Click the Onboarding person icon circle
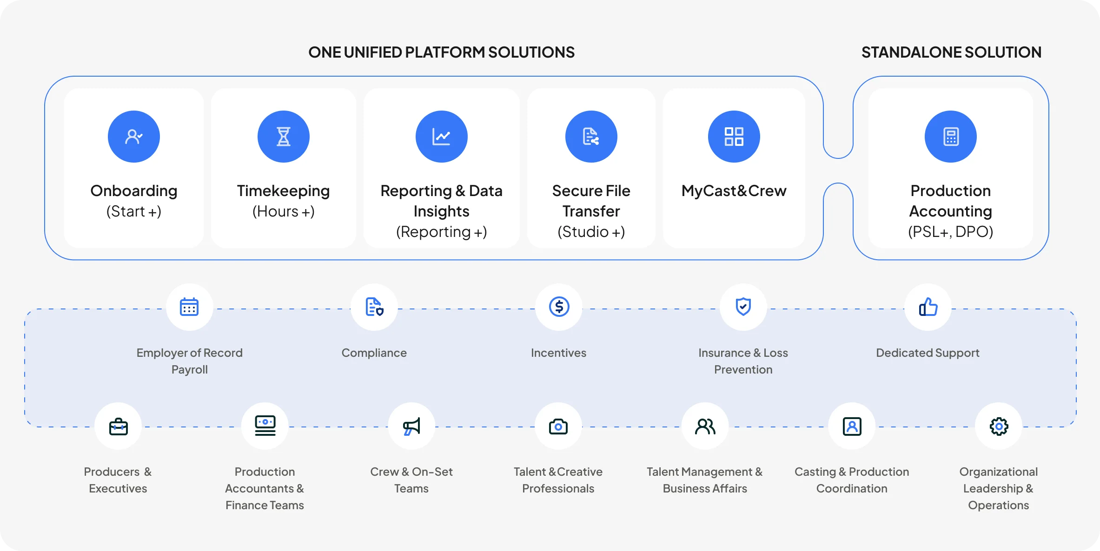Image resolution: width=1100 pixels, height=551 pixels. (x=134, y=137)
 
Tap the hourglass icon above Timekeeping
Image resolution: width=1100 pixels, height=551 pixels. (x=284, y=137)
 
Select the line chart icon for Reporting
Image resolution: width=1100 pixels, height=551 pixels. (x=442, y=137)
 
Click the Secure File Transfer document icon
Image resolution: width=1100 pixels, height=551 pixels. (x=591, y=137)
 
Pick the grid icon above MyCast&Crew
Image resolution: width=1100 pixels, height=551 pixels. (x=734, y=137)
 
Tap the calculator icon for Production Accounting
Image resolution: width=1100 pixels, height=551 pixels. (x=951, y=137)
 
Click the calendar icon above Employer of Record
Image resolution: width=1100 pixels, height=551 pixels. (x=189, y=307)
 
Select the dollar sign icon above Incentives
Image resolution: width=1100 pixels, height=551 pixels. (x=559, y=307)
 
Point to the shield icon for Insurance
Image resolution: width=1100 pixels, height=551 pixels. (x=743, y=307)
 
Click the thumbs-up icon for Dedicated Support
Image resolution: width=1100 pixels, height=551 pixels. (x=928, y=307)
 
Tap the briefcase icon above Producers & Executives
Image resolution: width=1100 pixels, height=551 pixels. (x=118, y=426)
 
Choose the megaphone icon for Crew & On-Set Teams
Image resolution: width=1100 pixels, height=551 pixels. (x=411, y=426)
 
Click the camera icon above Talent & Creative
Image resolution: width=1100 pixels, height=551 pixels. (x=558, y=426)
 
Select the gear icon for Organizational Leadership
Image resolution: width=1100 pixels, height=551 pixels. (x=999, y=426)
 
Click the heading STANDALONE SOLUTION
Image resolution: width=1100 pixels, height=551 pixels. (x=951, y=52)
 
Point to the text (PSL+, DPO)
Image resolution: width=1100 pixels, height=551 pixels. (x=951, y=231)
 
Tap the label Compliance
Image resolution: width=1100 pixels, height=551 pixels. (x=374, y=353)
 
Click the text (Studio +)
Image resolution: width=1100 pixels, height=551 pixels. (x=591, y=231)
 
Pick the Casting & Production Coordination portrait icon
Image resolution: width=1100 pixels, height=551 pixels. (x=852, y=426)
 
